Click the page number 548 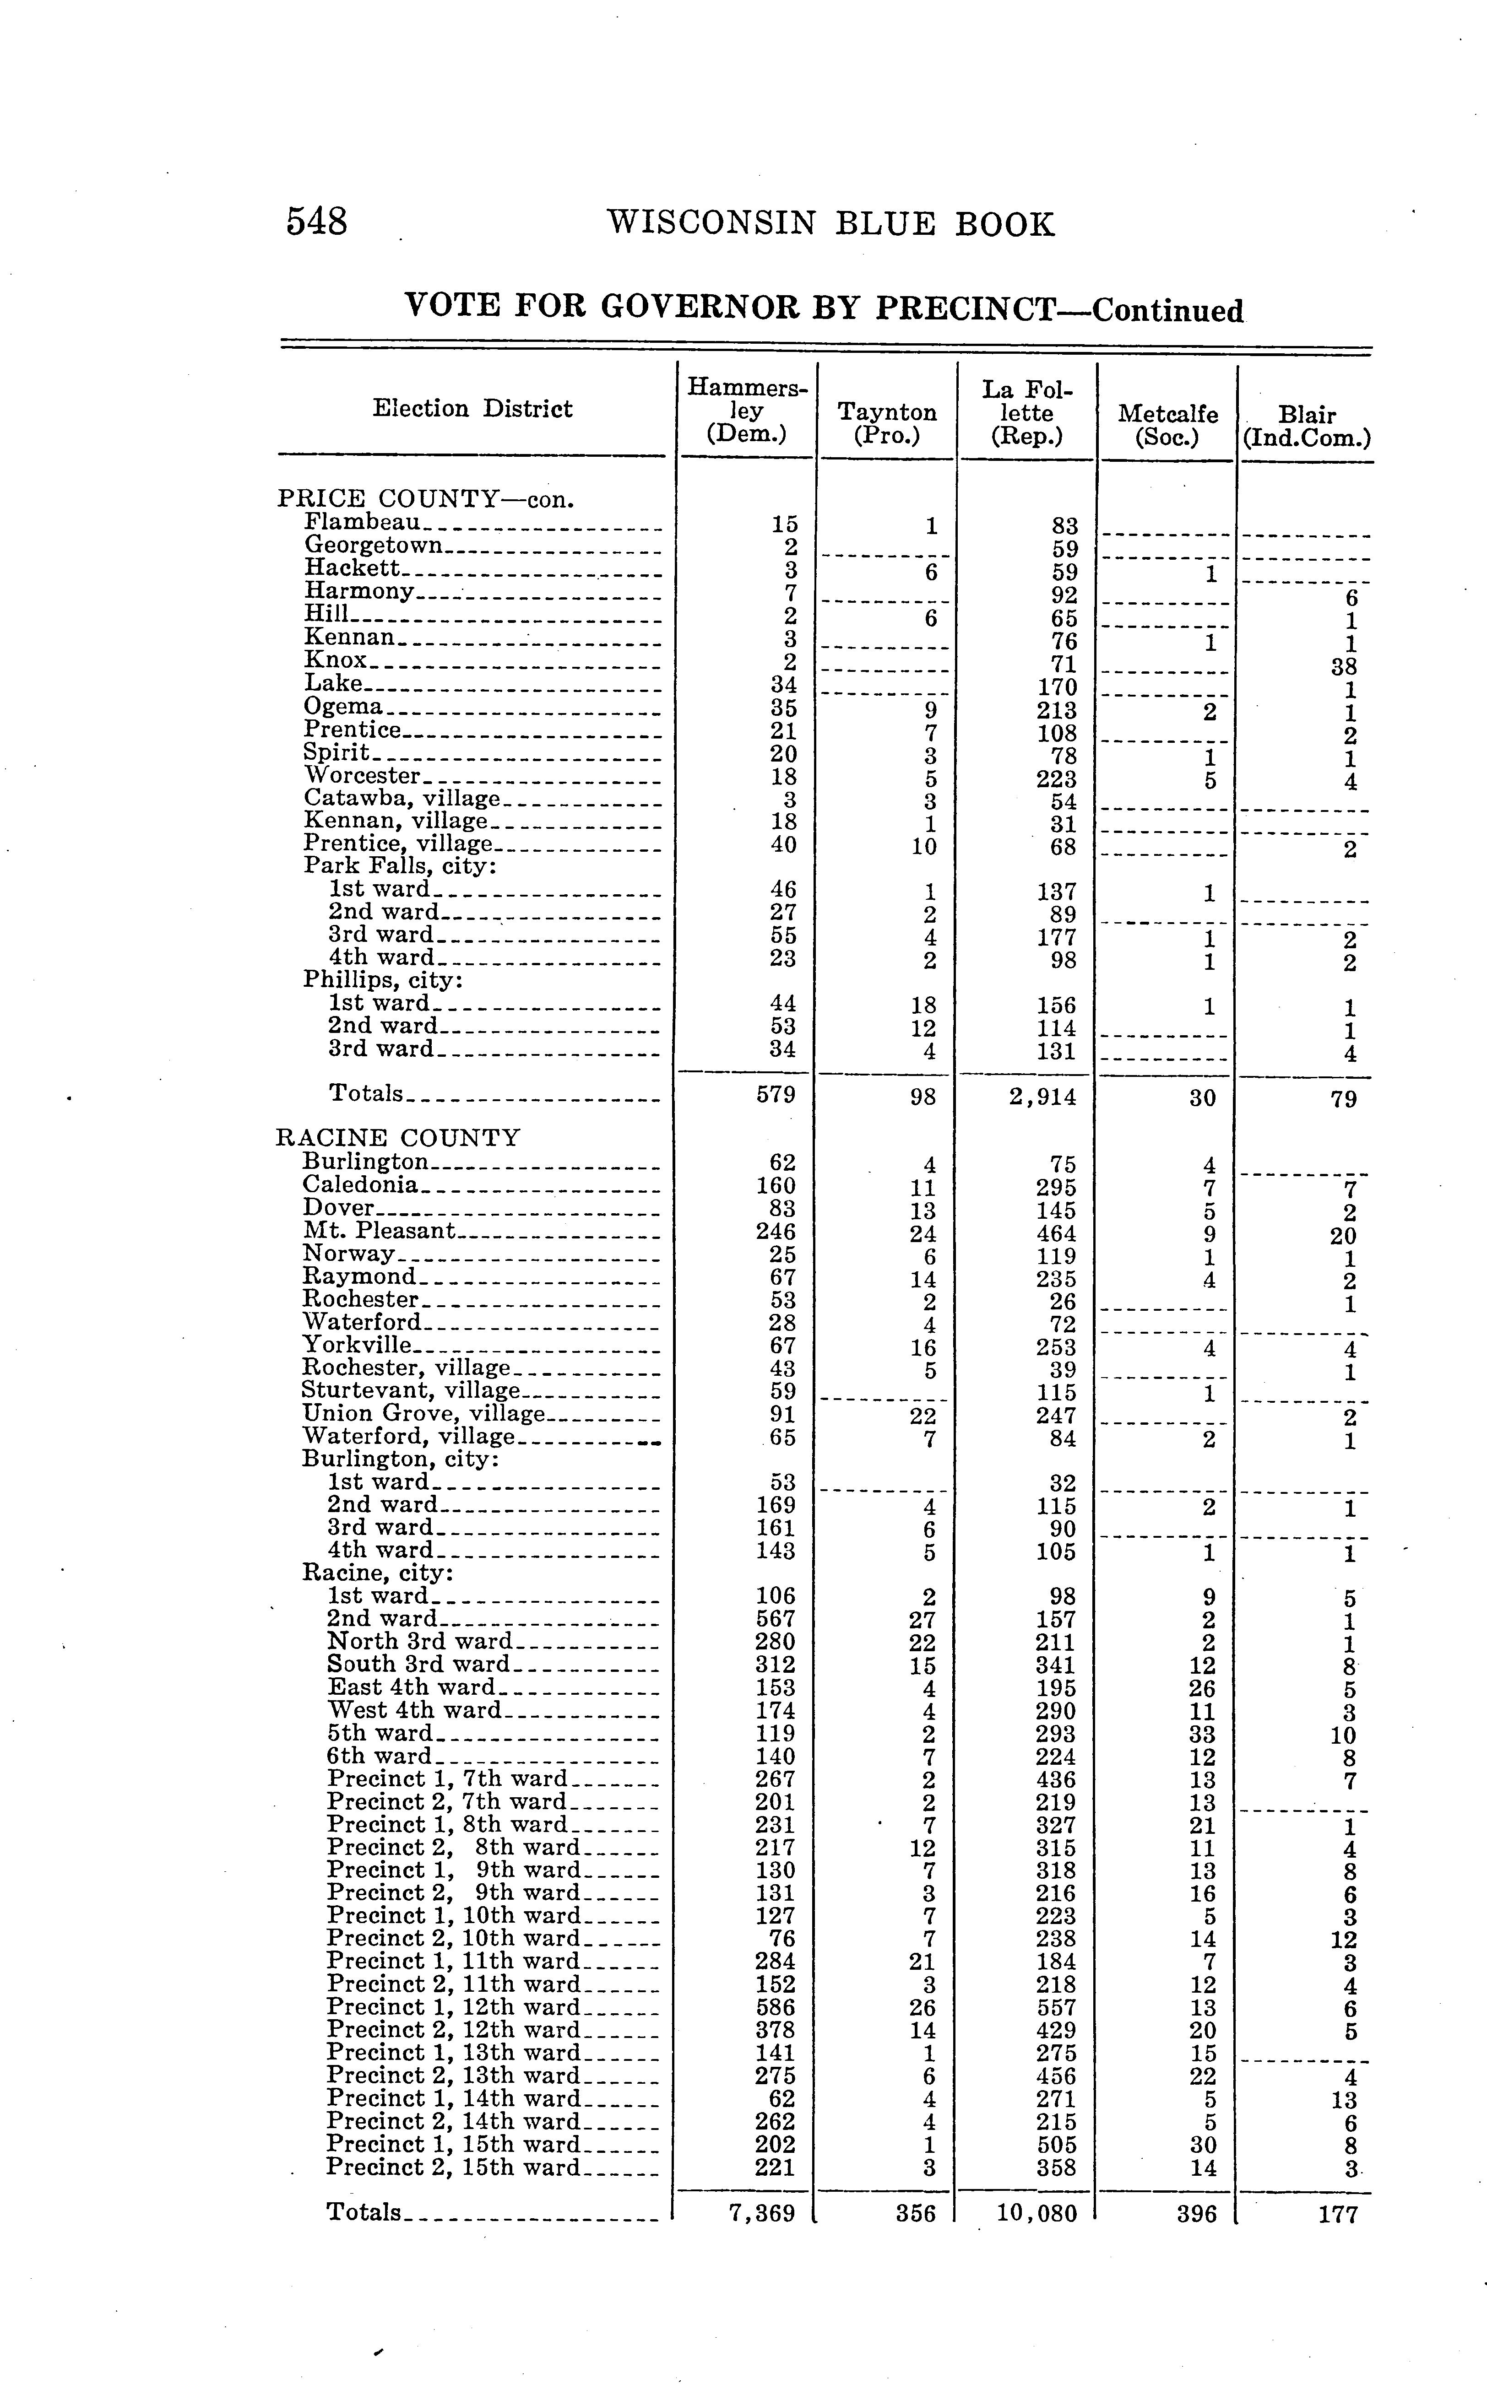317,222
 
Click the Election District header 472,409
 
